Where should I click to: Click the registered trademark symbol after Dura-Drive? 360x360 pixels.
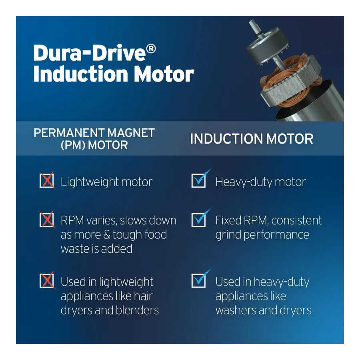click(x=151, y=49)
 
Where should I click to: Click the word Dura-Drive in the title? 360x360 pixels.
click(x=90, y=53)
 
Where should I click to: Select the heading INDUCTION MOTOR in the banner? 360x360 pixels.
click(x=252, y=139)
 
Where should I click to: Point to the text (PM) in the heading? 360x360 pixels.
click(x=73, y=145)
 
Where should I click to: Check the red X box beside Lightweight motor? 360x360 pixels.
click(x=47, y=181)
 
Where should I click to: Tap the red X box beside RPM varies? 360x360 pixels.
click(x=47, y=220)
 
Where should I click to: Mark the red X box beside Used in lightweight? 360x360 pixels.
click(x=47, y=280)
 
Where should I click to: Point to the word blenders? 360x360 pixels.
click(x=137, y=310)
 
